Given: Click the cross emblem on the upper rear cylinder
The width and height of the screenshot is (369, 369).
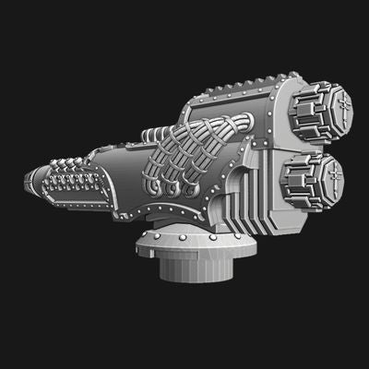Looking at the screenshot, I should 338,106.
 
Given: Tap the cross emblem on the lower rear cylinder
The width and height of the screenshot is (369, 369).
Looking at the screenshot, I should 329,173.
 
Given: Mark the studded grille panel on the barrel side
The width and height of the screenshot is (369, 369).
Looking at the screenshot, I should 78,189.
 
